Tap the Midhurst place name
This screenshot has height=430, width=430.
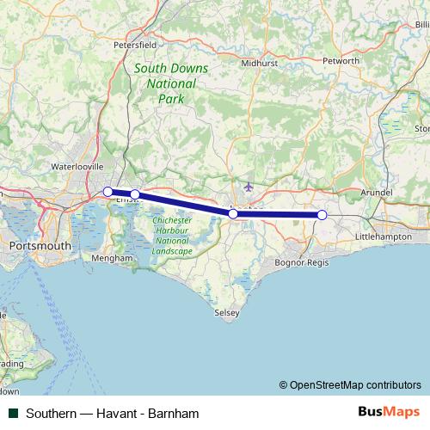(259, 62)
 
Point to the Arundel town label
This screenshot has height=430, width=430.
(378, 193)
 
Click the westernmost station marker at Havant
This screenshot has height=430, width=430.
(107, 192)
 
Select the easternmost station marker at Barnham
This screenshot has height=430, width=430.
(322, 215)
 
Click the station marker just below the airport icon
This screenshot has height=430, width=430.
(233, 213)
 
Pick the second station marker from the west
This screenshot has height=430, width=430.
(135, 194)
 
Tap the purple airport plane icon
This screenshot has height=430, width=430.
(249, 186)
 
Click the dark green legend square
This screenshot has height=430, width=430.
(12, 413)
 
